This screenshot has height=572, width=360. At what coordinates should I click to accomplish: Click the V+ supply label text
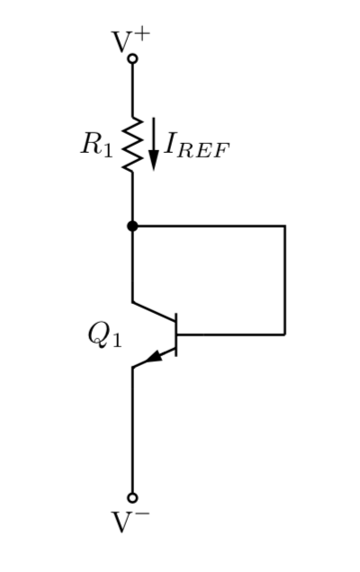coord(131,41)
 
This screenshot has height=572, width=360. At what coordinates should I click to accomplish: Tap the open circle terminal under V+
coord(132,59)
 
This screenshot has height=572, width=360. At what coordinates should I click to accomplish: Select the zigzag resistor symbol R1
coord(132,144)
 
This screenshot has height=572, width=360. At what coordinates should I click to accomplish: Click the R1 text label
coord(97,145)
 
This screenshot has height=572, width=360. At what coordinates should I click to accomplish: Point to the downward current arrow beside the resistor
coord(153,144)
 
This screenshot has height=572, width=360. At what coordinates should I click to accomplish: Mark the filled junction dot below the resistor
coord(132,226)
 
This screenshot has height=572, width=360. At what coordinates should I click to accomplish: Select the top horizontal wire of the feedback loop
coord(209,226)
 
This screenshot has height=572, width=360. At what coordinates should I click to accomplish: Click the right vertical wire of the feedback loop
coord(284,279)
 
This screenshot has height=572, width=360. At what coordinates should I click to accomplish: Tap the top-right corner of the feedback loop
coord(284,226)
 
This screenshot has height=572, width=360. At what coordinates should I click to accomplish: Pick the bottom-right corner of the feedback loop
coord(284,334)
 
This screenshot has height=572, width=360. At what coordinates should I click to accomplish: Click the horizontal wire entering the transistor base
coord(230,334)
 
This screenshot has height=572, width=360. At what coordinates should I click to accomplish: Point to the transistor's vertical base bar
coord(176,334)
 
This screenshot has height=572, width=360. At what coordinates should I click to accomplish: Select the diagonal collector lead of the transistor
coord(154,311)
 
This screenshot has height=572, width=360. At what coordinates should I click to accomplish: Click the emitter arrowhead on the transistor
coord(153,357)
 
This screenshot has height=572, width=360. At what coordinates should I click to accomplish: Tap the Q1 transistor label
coord(104,335)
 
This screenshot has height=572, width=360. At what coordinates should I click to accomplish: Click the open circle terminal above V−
coord(132,497)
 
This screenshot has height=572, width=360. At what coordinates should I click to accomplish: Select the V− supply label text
coord(131,522)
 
